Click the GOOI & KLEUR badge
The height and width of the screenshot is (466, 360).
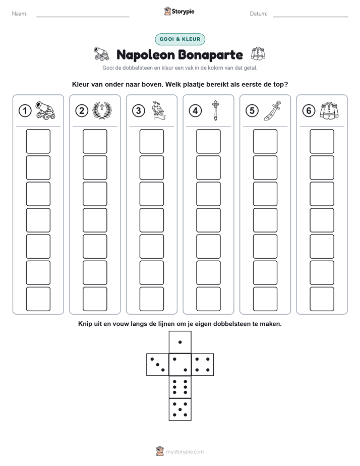click(180, 39)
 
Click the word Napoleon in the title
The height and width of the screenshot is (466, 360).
click(146, 55)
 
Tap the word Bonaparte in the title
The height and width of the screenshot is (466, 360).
click(211, 55)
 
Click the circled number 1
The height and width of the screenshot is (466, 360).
click(25, 111)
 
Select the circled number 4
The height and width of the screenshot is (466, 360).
click(195, 111)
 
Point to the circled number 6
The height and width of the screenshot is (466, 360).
click(309, 111)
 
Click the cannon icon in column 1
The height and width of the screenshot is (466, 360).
click(45, 110)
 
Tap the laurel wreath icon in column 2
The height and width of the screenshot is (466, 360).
click(102, 110)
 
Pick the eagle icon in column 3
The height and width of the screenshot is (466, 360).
click(159, 110)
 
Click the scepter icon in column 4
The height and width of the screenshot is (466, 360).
click(215, 110)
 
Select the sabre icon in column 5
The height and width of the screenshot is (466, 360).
click(272, 110)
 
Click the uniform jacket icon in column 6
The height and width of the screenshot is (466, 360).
click(329, 110)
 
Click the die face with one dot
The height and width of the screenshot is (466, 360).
click(180, 342)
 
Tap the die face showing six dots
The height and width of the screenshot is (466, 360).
click(180, 387)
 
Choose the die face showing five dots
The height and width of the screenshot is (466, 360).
click(180, 410)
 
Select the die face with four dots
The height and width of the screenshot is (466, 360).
click(203, 365)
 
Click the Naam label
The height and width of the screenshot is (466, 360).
click(20, 14)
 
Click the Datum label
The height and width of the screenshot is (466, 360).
click(259, 14)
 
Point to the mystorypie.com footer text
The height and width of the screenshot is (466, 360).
click(185, 452)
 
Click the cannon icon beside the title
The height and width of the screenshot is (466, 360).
click(101, 54)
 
